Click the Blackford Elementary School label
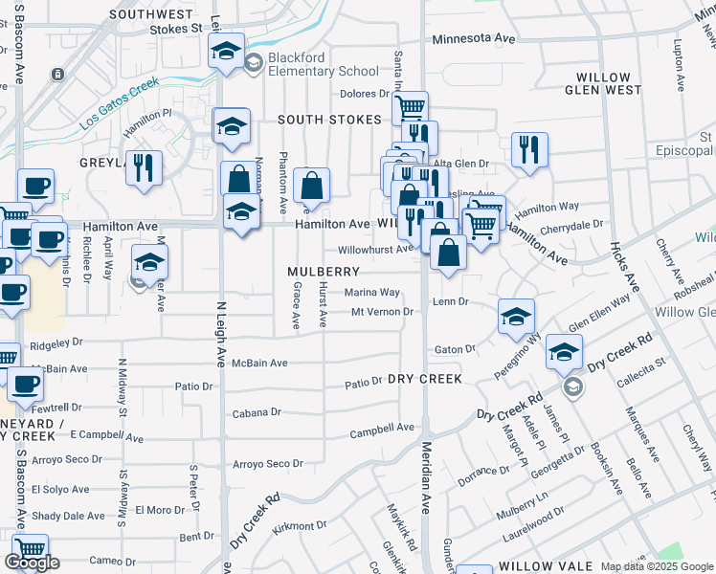click(324, 64)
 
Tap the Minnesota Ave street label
click(474, 38)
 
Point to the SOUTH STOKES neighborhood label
click(329, 120)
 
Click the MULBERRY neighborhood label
click(324, 272)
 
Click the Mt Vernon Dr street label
click(381, 312)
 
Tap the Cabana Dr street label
click(257, 413)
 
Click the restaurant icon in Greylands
click(144, 167)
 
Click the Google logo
click(32, 563)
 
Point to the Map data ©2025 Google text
click(656, 566)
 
